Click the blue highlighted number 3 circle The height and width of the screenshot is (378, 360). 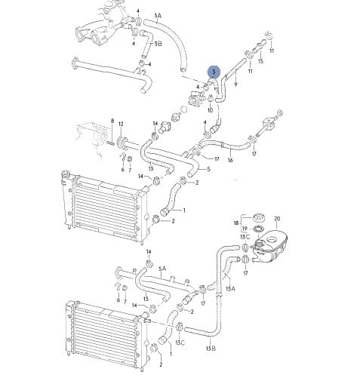(214, 72)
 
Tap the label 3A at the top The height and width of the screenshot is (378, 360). (158, 16)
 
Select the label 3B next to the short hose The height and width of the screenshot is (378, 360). (158, 44)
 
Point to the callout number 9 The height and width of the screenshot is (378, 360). (235, 85)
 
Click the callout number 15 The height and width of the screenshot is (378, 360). (261, 61)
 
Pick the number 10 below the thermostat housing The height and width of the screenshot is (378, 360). (210, 110)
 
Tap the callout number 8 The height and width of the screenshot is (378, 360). (112, 121)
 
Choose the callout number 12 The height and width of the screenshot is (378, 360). (121, 124)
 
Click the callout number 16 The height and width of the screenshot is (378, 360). (230, 160)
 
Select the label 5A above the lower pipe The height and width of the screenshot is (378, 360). (162, 269)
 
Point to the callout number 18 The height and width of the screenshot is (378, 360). (236, 223)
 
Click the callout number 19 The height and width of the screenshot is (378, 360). (245, 229)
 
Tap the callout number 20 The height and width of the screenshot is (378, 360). (277, 219)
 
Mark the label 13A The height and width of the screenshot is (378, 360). (230, 289)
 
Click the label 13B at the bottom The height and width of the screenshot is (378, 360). (211, 349)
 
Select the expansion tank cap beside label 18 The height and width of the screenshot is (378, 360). (258, 217)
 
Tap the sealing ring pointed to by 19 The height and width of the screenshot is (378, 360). (259, 229)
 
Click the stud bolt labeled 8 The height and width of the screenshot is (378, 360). (111, 144)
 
